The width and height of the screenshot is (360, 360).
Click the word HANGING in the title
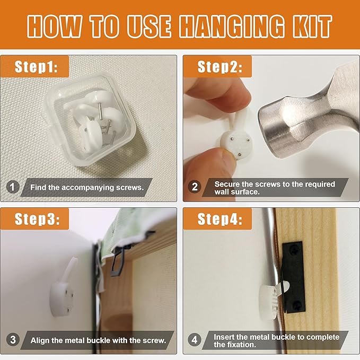point(232,26)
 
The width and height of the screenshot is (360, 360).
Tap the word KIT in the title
point(313,26)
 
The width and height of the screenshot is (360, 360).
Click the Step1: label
point(36,67)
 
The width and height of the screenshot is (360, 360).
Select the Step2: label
point(219,67)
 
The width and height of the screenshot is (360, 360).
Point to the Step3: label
point(37,219)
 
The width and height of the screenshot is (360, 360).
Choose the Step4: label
point(220,219)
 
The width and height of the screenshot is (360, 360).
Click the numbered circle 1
point(12,187)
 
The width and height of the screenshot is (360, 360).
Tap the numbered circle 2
point(195,187)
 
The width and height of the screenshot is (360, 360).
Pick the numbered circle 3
point(13,339)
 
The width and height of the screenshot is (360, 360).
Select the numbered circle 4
point(195,339)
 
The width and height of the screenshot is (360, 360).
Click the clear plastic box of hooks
point(91,119)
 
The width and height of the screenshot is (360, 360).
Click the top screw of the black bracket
point(294,248)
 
